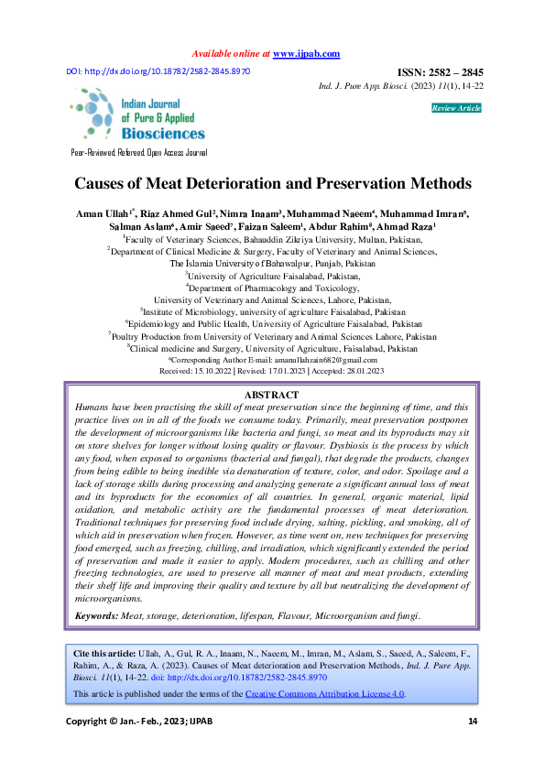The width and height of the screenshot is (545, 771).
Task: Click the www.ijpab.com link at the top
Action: [x=306, y=54]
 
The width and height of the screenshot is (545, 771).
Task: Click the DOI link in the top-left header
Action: [x=158, y=71]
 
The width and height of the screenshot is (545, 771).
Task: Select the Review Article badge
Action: [x=455, y=108]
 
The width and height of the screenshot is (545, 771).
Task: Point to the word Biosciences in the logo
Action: [x=164, y=133]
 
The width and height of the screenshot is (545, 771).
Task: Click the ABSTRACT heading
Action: [x=272, y=395]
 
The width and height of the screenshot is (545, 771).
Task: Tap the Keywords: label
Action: [x=96, y=616]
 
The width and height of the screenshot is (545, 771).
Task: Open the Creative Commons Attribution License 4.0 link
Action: [x=325, y=694]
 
